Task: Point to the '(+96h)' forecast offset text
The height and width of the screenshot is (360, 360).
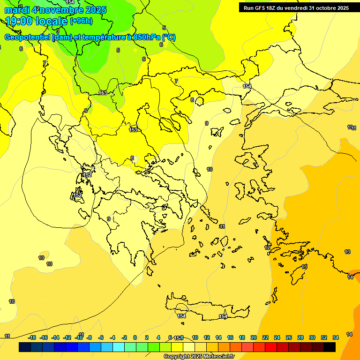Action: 81,21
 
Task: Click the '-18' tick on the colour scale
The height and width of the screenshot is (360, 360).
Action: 32,337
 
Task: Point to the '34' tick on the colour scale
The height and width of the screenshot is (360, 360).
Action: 336,337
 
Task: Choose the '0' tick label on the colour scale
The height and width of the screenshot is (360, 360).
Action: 135,337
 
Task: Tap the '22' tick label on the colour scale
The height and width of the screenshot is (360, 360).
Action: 265,337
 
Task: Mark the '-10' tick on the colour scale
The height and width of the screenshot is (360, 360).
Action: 79,337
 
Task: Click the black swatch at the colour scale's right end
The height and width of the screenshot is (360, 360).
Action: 330,347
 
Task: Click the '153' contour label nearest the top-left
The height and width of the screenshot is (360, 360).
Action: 103,93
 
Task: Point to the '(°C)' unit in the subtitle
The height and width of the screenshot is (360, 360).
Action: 169,37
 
